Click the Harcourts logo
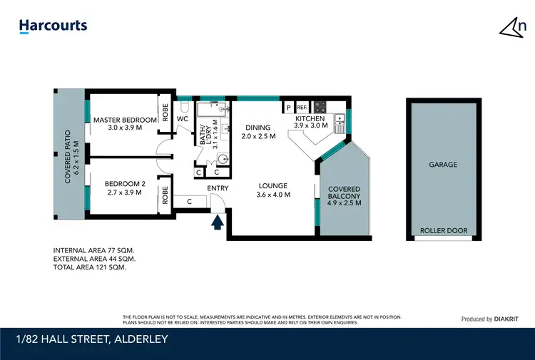(53, 26)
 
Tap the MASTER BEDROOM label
(124, 120)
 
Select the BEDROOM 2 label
(120, 184)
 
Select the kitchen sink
(340, 120)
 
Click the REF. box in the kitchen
(302, 108)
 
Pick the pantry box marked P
(289, 108)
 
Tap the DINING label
(258, 128)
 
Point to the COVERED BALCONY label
(344, 193)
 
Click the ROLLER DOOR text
(442, 230)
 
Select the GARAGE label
(442, 165)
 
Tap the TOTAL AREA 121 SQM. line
(89, 267)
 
